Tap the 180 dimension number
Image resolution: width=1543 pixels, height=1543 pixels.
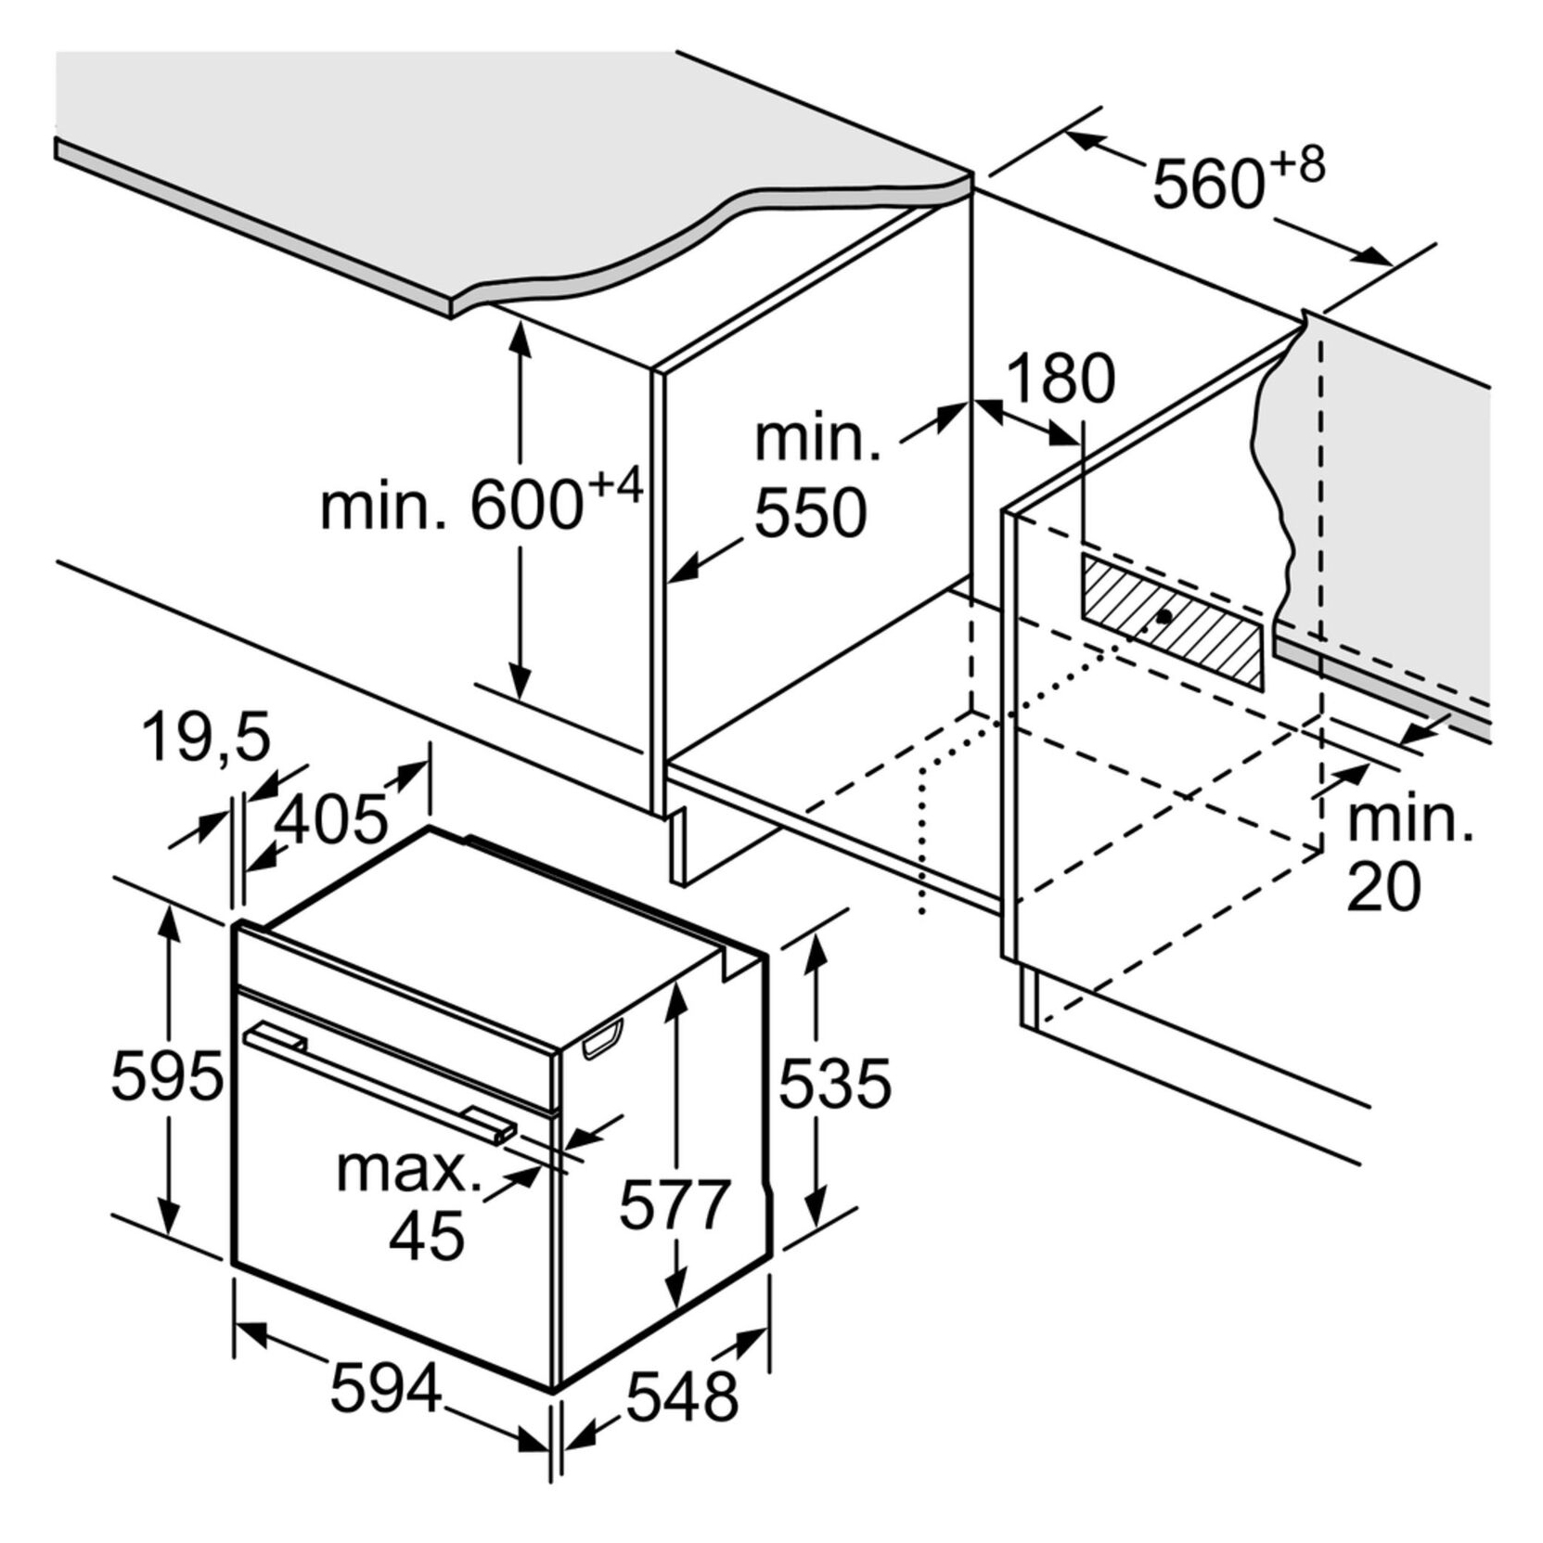(x=1060, y=379)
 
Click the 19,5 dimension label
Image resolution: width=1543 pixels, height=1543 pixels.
(x=206, y=738)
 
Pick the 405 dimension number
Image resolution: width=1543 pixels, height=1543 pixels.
(x=331, y=820)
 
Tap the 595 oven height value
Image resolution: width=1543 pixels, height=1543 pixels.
(x=167, y=1076)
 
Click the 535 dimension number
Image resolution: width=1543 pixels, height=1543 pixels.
(x=834, y=1084)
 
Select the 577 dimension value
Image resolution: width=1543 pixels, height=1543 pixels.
(x=675, y=1204)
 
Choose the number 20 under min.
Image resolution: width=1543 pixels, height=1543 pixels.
(x=1383, y=885)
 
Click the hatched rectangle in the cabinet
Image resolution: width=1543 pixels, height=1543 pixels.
(x=1171, y=622)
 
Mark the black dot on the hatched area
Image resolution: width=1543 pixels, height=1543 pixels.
(x=1163, y=616)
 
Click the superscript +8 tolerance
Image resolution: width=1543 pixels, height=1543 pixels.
(x=1297, y=167)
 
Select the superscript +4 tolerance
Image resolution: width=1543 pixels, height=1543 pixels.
(x=615, y=487)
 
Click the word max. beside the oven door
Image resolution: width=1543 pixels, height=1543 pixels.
(x=409, y=1171)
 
